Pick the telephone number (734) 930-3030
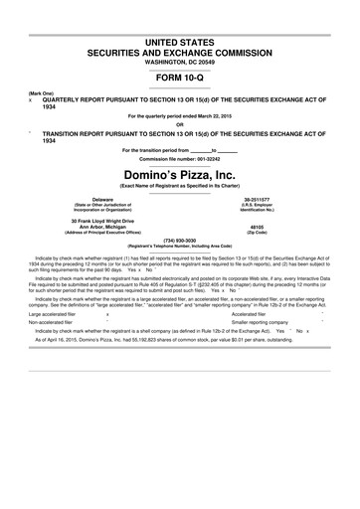pyautogui.click(x=180, y=239)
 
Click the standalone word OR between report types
pyautogui.click(x=180, y=123)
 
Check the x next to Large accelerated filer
pyautogui.click(x=106, y=314)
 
